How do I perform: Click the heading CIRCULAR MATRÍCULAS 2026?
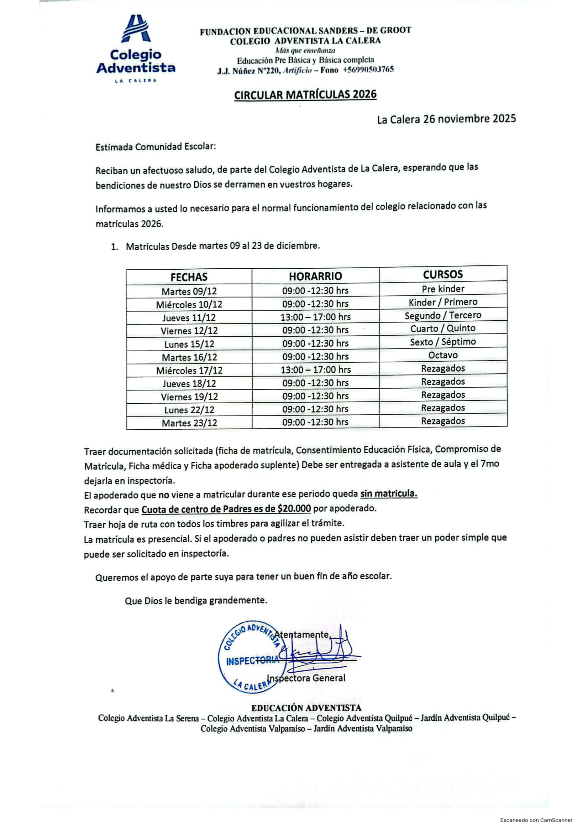point(305,95)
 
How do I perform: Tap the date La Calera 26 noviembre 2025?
point(446,119)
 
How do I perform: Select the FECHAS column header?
point(189,277)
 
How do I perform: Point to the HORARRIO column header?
point(315,276)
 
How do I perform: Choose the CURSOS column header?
point(443,274)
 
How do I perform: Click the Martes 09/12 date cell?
point(189,291)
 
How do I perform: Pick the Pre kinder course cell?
point(443,289)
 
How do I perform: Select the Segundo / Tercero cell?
point(443,315)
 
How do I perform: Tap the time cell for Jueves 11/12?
point(315,317)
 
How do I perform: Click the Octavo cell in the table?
point(443,355)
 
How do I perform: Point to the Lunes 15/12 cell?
point(189,344)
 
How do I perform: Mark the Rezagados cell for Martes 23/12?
point(443,421)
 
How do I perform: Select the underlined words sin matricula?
point(389,494)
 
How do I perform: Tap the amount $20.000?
point(294,509)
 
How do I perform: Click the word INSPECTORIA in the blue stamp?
point(253,661)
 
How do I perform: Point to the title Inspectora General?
point(306,678)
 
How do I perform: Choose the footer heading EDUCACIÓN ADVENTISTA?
point(306,708)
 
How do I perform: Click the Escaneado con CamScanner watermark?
point(536,820)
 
